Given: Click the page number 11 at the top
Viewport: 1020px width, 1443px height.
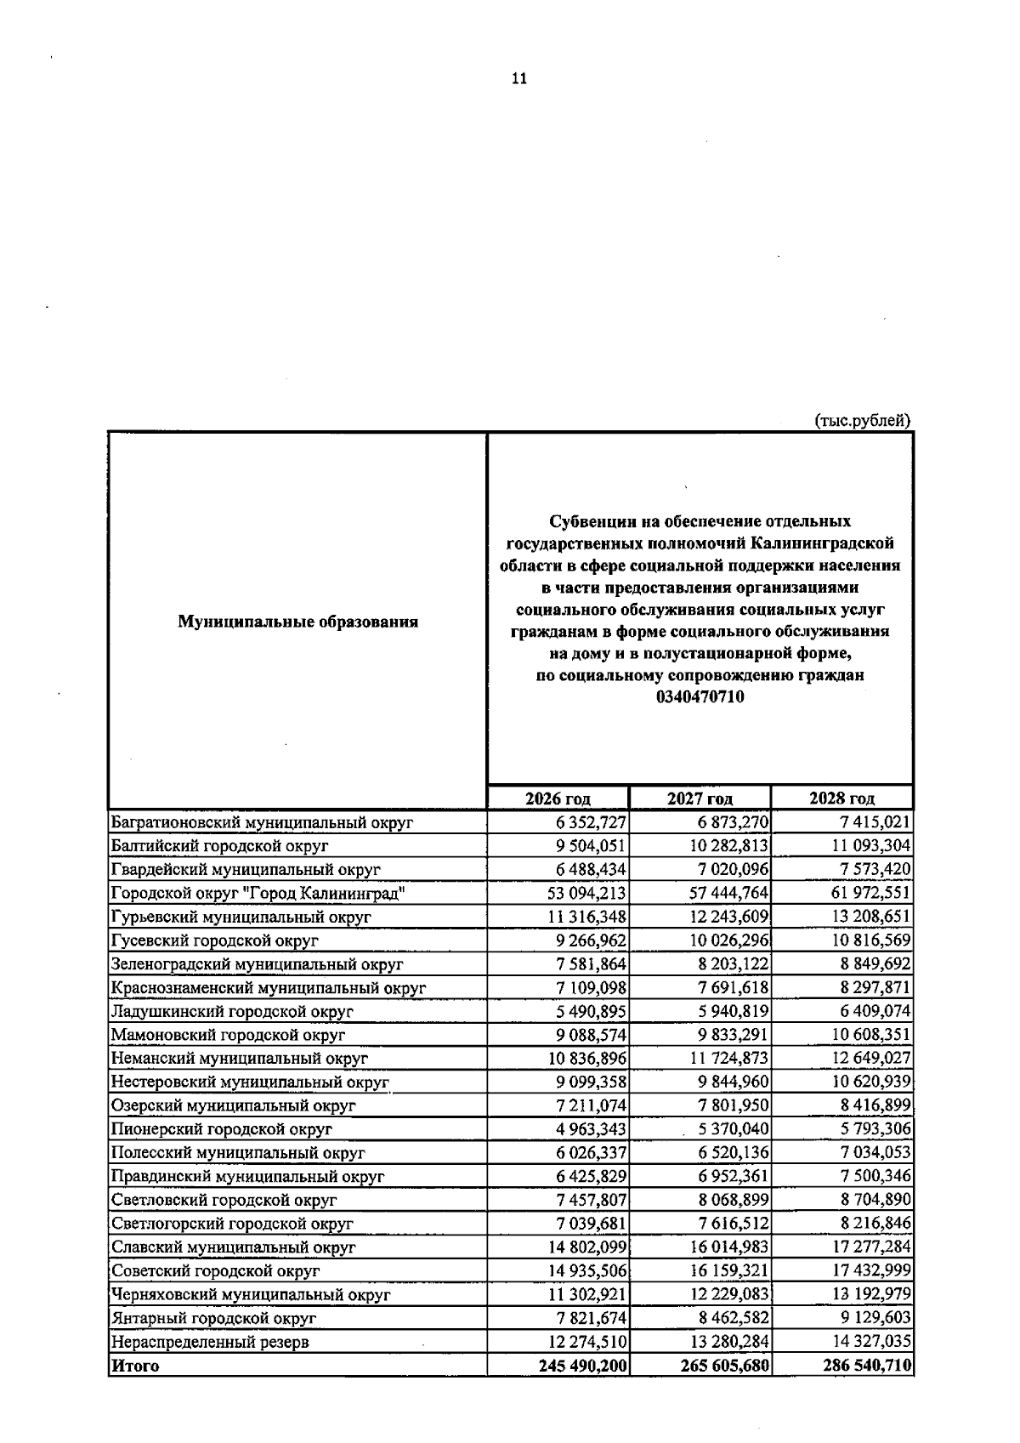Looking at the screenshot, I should [x=519, y=79].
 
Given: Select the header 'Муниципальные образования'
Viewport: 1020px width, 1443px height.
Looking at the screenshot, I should [x=297, y=622].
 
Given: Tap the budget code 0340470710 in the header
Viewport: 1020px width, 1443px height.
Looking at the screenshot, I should [x=700, y=697].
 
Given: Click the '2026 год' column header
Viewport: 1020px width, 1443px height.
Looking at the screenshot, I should [x=558, y=798].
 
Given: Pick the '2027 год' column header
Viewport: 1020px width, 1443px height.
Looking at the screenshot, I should [x=700, y=798].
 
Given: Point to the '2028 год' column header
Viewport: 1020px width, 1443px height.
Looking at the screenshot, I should [x=841, y=798].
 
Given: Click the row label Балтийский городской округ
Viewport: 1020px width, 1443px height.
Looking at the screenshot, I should [x=219, y=846].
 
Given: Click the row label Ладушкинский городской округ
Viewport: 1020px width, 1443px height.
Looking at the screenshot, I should [x=232, y=1011].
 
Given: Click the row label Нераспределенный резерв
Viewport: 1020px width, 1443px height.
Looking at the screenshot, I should [x=210, y=1342].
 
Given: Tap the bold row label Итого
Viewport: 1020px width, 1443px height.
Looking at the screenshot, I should [x=135, y=1366].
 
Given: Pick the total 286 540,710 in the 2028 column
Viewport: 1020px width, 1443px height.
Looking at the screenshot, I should [x=867, y=1366].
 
